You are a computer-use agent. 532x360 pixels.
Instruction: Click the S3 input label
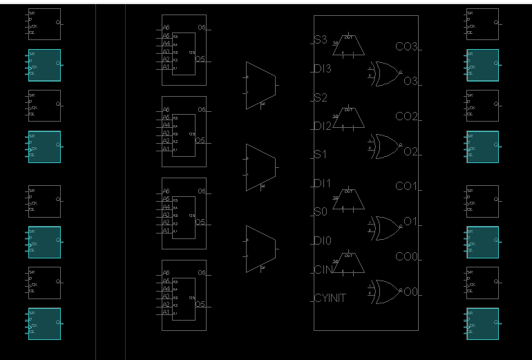click(x=321, y=40)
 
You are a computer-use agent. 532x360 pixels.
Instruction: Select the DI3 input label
click(x=323, y=69)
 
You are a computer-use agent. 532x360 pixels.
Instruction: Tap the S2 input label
click(x=321, y=97)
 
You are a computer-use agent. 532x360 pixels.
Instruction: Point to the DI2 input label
click(x=323, y=126)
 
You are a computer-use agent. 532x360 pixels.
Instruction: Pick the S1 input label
click(x=321, y=155)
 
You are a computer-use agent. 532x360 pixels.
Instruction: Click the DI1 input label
click(x=323, y=184)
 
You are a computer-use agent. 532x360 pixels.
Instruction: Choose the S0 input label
click(x=321, y=212)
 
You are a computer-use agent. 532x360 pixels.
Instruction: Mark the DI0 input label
click(x=323, y=241)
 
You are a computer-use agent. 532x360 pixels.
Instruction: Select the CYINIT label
click(x=330, y=299)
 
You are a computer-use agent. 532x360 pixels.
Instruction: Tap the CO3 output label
click(x=406, y=47)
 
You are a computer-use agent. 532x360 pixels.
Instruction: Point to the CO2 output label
click(x=406, y=116)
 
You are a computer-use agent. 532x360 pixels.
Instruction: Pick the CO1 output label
click(x=406, y=187)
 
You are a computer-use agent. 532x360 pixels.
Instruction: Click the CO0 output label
click(x=406, y=257)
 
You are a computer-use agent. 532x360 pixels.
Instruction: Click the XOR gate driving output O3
click(x=386, y=74)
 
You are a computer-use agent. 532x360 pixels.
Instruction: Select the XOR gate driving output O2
click(x=386, y=146)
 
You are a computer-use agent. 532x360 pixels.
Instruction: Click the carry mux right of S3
click(x=349, y=46)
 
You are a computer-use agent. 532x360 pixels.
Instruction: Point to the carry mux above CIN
click(x=349, y=263)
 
